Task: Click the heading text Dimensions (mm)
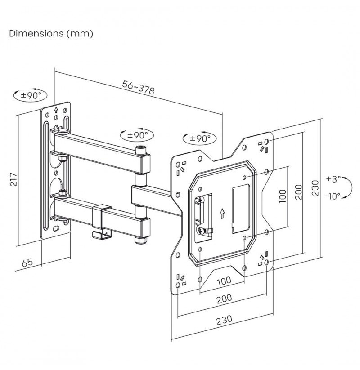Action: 51,34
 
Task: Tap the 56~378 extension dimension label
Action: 139,87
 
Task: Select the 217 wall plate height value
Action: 13,179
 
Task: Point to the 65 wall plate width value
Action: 27,263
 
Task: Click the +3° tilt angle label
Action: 333,178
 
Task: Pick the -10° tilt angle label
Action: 333,196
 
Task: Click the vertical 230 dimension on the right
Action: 315,188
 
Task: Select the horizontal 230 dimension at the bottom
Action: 224,320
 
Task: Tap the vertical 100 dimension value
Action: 283,196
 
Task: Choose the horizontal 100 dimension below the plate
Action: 224,281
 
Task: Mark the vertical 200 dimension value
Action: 299,192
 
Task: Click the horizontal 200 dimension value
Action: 224,299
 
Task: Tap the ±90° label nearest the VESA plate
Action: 200,138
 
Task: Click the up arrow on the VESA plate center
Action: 222,213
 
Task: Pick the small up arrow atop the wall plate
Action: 56,110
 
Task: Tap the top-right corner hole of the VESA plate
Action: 267,142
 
